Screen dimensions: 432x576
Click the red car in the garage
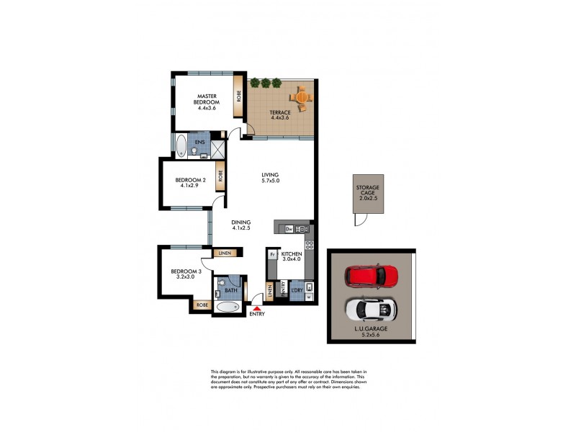372,276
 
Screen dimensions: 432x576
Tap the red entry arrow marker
256,307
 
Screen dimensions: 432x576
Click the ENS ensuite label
199,143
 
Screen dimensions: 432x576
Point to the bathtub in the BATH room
228,307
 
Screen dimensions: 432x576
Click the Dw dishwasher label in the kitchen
289,229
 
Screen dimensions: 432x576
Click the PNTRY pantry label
283,290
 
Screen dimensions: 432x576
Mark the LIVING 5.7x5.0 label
270,177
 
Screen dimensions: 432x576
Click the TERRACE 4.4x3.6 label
280,115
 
